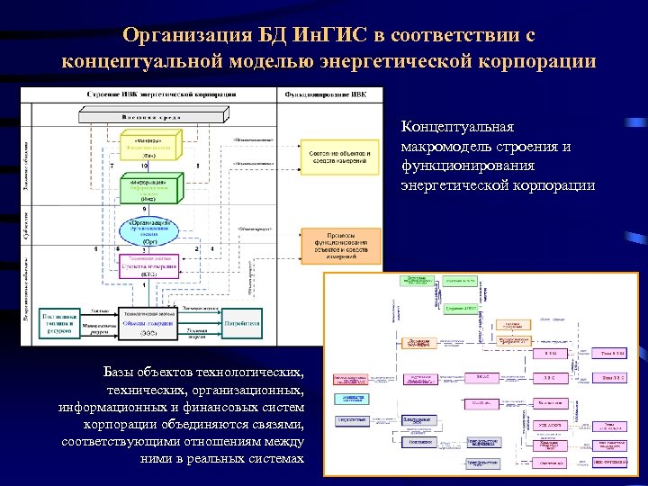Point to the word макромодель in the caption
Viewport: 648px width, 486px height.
pos(447,146)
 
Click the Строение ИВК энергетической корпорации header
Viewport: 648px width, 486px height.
pos(162,94)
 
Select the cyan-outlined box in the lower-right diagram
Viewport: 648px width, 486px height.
pos(352,398)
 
